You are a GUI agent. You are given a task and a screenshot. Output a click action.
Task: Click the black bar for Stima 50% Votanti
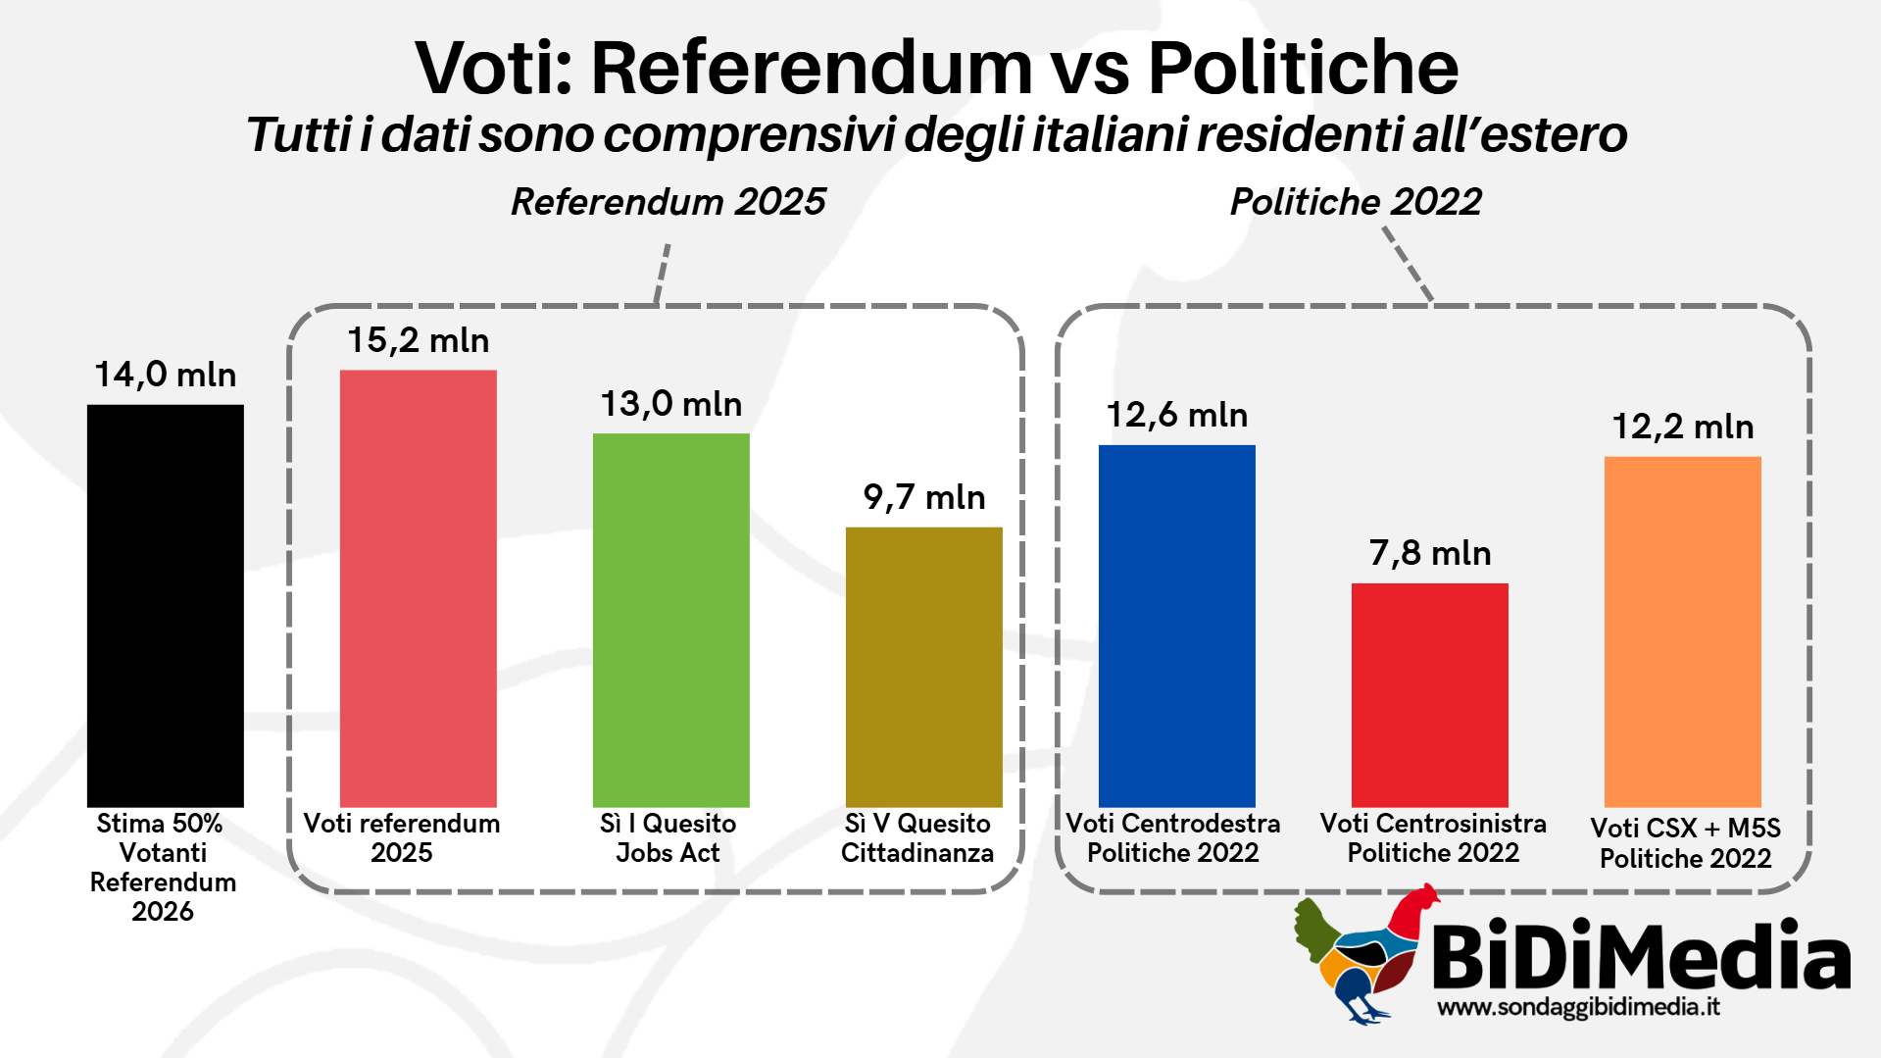(165, 605)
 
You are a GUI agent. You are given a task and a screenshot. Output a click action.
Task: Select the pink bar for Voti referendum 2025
(418, 588)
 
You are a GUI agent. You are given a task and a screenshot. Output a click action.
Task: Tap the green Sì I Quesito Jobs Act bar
(670, 620)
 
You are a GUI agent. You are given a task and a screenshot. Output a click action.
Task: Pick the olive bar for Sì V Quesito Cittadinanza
(923, 667)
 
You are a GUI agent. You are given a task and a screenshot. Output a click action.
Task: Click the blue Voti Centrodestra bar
(1176, 626)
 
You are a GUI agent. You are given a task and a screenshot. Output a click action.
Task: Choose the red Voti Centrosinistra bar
(1429, 694)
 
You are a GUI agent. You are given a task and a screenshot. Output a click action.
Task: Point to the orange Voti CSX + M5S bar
(1682, 631)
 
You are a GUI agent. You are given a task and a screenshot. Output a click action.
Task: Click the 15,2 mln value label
(418, 340)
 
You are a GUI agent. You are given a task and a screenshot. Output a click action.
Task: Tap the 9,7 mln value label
(923, 497)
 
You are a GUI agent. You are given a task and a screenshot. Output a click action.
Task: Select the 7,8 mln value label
(1429, 553)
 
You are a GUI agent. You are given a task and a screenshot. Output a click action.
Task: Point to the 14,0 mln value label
(165, 375)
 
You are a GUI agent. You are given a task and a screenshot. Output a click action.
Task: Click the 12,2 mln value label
(1682, 427)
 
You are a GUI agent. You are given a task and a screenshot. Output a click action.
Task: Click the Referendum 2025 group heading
(668, 202)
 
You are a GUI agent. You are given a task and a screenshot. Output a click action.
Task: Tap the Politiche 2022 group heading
(1355, 202)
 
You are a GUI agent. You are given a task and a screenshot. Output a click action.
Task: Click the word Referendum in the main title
(812, 68)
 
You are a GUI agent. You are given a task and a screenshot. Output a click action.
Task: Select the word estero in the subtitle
(1554, 134)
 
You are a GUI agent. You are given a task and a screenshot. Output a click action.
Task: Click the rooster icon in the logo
(1362, 956)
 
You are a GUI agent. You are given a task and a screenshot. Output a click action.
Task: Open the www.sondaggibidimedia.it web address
(1578, 1007)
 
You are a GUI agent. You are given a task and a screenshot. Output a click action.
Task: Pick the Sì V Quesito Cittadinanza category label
(917, 837)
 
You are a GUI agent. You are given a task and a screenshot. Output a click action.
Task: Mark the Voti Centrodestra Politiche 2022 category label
(1172, 837)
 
